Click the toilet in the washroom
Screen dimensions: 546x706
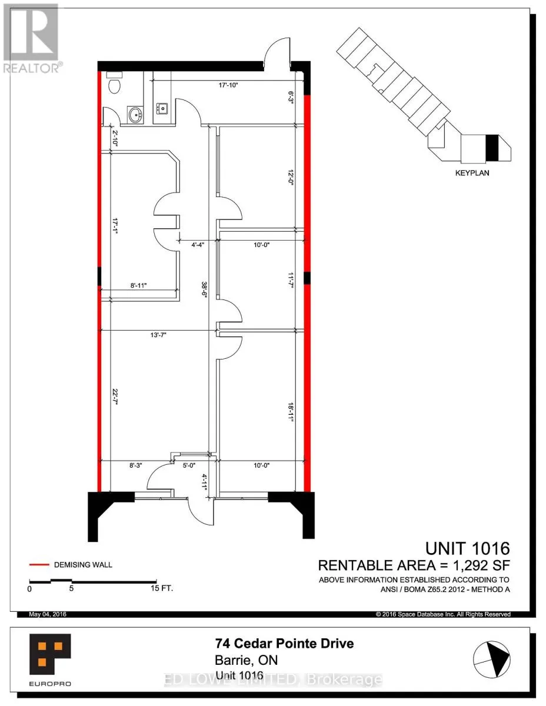point(114,83)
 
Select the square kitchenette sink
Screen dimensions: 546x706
point(161,108)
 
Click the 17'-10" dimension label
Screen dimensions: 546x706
point(228,85)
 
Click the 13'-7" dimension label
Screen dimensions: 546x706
point(158,335)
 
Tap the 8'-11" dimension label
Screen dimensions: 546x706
point(139,285)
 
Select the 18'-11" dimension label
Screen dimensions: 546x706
point(291,412)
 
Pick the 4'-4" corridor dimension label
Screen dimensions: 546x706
point(198,245)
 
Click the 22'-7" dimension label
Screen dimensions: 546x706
point(115,396)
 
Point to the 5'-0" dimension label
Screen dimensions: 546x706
point(189,465)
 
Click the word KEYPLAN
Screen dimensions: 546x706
point(472,173)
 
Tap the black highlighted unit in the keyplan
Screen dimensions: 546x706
point(491,148)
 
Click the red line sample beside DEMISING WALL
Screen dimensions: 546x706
point(39,565)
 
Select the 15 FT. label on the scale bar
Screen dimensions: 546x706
point(162,588)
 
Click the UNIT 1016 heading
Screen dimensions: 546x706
point(467,548)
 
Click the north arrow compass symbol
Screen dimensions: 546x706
point(491,658)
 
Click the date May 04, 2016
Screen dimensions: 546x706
point(48,614)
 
